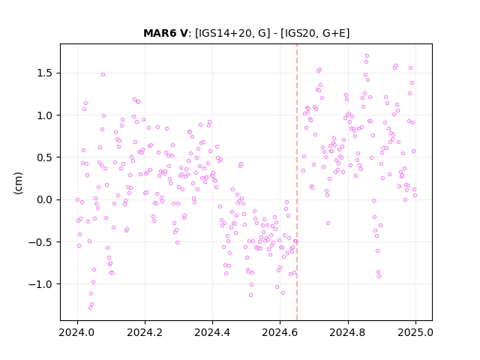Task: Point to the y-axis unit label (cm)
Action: click(x=18, y=183)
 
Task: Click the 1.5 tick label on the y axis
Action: click(x=45, y=73)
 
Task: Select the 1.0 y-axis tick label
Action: click(x=45, y=115)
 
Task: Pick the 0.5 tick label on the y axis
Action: click(x=45, y=157)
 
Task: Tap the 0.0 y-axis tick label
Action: click(x=45, y=199)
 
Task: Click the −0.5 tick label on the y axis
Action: click(x=41, y=241)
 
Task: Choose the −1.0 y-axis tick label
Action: click(x=41, y=284)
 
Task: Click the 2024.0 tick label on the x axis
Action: click(x=77, y=332)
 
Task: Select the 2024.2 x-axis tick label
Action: click(x=145, y=332)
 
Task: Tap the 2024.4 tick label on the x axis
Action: click(x=212, y=332)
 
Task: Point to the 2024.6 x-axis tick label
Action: click(x=280, y=332)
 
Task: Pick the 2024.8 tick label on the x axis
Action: click(x=348, y=332)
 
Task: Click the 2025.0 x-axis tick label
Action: click(x=415, y=332)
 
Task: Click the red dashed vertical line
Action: click(x=297, y=182)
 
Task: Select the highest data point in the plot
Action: click(x=367, y=56)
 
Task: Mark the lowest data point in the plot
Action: click(x=90, y=307)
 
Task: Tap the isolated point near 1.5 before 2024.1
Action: click(x=103, y=75)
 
